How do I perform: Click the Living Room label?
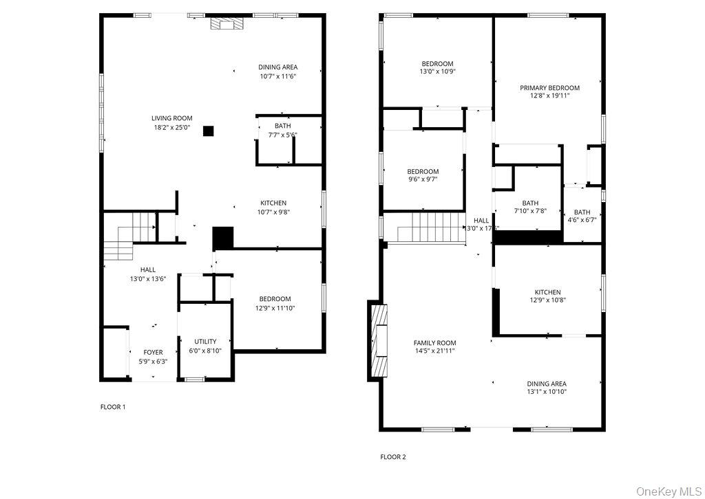tap(172, 118)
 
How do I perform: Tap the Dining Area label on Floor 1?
tap(278, 67)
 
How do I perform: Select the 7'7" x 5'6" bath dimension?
tap(282, 135)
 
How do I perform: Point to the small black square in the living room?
tap(209, 130)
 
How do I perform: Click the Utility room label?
tap(205, 341)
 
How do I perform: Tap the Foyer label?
tap(153, 352)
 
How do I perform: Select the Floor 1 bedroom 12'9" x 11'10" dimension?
tap(275, 308)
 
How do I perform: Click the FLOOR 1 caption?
tap(113, 407)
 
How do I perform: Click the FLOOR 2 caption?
tap(393, 456)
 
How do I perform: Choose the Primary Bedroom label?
tap(549, 87)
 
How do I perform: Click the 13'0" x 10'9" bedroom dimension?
tap(437, 71)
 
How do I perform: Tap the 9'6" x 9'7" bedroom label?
tap(423, 172)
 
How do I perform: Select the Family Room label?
tap(434, 342)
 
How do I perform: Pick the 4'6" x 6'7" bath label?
tap(582, 212)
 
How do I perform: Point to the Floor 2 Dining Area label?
tap(547, 384)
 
